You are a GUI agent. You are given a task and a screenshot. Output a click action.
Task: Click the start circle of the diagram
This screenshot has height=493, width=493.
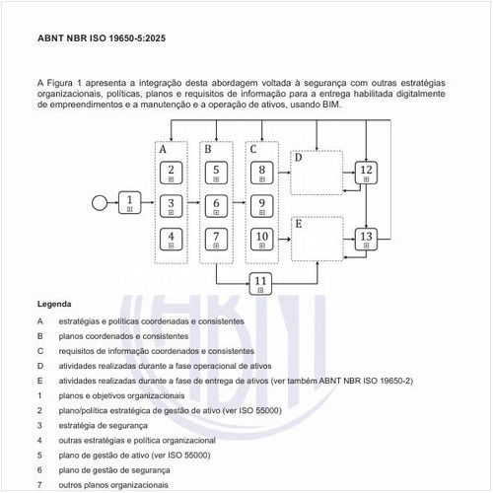click(99, 203)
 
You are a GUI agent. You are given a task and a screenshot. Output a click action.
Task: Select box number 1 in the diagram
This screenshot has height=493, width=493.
click(130, 203)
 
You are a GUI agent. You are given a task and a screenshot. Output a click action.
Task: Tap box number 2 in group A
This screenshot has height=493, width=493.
click(172, 173)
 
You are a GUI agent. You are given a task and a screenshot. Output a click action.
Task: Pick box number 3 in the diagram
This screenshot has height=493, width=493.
click(172, 205)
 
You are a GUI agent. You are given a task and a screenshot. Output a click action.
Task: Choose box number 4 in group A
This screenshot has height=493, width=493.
click(172, 239)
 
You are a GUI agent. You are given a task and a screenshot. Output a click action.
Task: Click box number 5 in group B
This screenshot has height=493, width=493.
click(216, 173)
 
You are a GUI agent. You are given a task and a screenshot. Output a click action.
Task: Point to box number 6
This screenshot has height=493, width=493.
click(216, 205)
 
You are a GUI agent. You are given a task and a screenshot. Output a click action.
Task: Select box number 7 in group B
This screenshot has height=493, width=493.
click(216, 239)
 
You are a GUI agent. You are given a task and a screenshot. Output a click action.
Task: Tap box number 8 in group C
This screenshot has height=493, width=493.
click(261, 173)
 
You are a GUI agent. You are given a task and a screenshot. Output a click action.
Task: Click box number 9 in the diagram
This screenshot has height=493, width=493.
click(261, 205)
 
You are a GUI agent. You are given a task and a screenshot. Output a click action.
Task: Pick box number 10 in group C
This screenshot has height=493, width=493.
click(261, 239)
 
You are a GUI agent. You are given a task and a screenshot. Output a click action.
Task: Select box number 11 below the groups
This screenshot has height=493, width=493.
click(260, 283)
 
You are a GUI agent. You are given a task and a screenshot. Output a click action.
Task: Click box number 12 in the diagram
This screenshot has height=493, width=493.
click(366, 173)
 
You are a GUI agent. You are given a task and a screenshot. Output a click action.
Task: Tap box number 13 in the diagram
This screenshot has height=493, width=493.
click(366, 239)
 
